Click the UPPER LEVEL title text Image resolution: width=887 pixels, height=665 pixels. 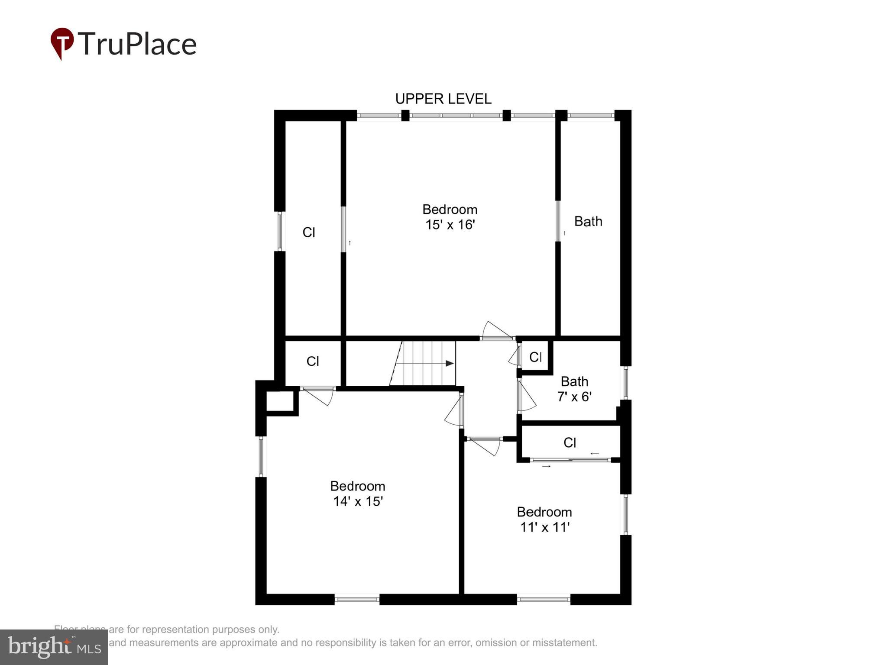(443, 99)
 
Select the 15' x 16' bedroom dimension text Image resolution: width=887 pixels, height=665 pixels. (450, 225)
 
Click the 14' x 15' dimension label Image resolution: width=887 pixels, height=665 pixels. (358, 501)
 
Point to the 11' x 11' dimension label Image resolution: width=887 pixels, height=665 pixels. (544, 527)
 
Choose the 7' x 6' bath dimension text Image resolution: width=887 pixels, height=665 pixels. (574, 397)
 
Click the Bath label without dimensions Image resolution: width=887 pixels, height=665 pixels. (588, 222)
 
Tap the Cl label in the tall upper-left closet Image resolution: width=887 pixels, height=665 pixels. (308, 233)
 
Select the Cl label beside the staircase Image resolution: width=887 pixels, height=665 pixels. (313, 362)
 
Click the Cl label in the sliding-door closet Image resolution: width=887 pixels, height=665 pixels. (570, 442)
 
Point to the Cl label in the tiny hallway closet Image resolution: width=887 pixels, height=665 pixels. (535, 357)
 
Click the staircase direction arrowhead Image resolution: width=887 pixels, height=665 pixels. (450, 363)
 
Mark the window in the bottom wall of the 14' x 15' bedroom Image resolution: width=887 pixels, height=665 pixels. (357, 599)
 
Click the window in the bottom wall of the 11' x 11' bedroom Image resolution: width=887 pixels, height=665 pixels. (544, 599)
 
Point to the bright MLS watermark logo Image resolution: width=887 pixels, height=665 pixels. (54, 647)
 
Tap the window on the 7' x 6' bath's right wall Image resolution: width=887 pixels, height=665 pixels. (625, 383)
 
